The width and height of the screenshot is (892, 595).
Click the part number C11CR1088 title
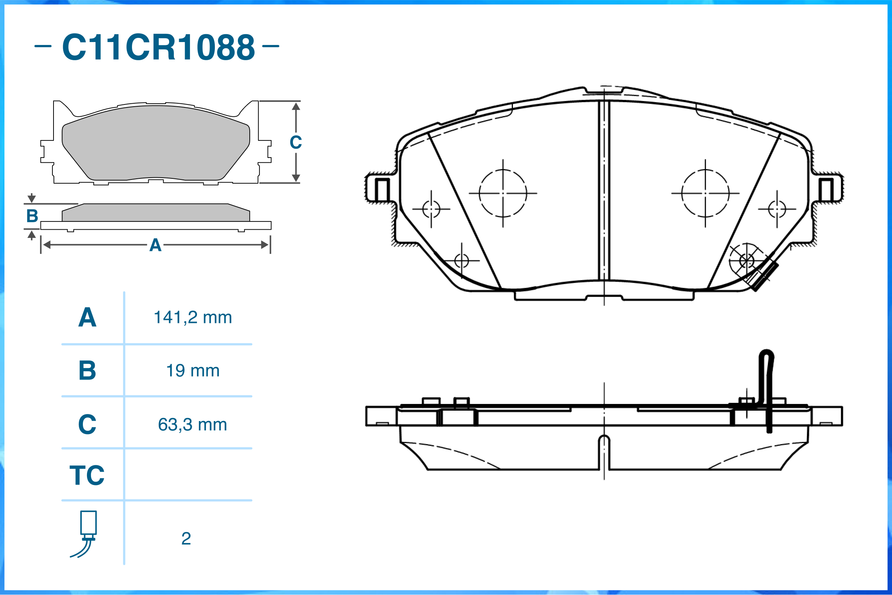pyautogui.click(x=159, y=47)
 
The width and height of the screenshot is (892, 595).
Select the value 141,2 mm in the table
pyautogui.click(x=193, y=317)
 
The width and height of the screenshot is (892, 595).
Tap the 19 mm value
pyautogui.click(x=193, y=371)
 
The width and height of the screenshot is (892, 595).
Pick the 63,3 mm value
pyautogui.click(x=193, y=425)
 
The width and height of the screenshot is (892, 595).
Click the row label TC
pyautogui.click(x=87, y=475)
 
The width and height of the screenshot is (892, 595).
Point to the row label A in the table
pyautogui.click(x=87, y=317)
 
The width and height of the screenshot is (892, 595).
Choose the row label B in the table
pyautogui.click(x=87, y=371)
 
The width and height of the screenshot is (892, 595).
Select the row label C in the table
pyautogui.click(x=87, y=424)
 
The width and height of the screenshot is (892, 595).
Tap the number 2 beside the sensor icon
pyautogui.click(x=186, y=539)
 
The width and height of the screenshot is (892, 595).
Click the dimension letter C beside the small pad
pyautogui.click(x=296, y=142)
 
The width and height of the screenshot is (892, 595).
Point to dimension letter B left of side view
pyautogui.click(x=32, y=216)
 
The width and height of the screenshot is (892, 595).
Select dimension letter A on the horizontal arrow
pyautogui.click(x=155, y=245)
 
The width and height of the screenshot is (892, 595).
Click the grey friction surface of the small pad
pyautogui.click(x=156, y=143)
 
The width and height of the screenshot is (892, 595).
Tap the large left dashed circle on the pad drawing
pyautogui.click(x=479, y=194)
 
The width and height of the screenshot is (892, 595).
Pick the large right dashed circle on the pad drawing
pyautogui.click(x=682, y=194)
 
